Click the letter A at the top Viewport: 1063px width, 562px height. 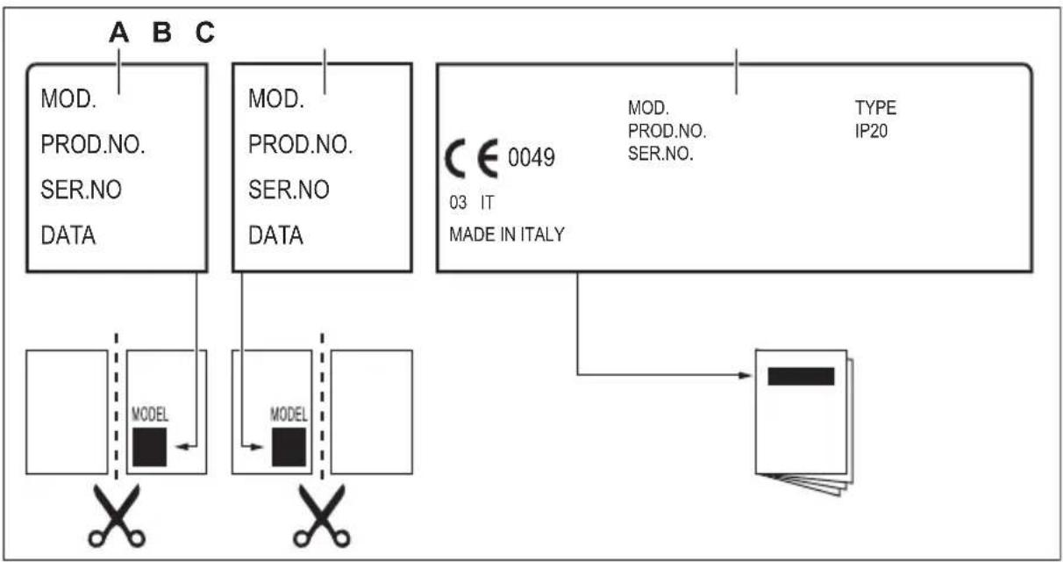tap(118, 32)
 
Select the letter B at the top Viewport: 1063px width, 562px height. tap(162, 32)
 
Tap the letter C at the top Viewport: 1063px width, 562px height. tap(205, 32)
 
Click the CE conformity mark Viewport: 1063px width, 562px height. tap(472, 159)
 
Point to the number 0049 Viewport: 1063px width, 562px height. tap(531, 157)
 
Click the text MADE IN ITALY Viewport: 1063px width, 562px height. tap(507, 234)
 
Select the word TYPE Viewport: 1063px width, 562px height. tap(875, 108)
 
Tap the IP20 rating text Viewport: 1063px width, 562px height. tap(871, 131)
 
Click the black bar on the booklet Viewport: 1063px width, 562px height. tap(801, 376)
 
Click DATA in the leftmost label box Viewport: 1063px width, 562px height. tap(68, 235)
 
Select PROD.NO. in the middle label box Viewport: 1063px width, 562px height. tap(300, 144)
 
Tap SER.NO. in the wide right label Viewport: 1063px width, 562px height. tap(660, 154)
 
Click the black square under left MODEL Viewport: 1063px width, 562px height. tap(149, 447)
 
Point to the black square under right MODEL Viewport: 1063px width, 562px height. tap(289, 447)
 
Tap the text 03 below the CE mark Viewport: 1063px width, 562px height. tap(458, 203)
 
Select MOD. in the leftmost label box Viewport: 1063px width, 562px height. tap(68, 99)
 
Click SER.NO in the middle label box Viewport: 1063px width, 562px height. tap(289, 190)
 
